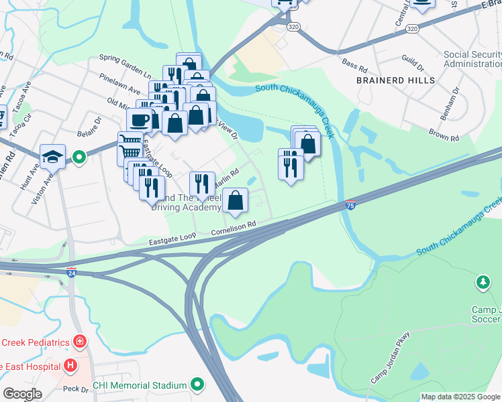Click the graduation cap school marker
[52, 157]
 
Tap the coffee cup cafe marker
[139, 121]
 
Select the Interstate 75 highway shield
[350, 206]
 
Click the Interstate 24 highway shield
[72, 272]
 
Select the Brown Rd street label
[444, 137]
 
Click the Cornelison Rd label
[234, 228]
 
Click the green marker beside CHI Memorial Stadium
[197, 385]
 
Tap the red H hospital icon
[70, 366]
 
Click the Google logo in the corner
[22, 393]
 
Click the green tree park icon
[483, 283]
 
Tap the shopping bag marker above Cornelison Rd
[236, 200]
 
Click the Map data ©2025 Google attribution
[460, 397]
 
